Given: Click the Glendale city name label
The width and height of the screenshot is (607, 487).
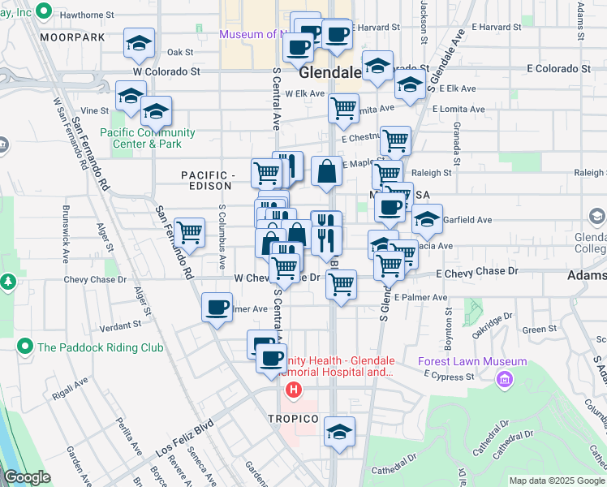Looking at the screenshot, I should pos(329,73).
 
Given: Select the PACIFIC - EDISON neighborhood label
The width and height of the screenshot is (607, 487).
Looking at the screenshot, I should pos(208,181).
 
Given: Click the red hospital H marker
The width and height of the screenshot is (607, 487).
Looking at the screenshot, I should pos(293,390).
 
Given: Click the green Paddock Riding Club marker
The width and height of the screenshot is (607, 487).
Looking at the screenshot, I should pos(25,347).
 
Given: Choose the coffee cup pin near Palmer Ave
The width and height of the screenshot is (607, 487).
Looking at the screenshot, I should pos(217,308).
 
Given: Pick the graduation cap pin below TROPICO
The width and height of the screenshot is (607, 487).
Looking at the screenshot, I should pos(339,433).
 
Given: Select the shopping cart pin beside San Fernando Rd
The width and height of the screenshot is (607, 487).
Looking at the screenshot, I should pos(189,233).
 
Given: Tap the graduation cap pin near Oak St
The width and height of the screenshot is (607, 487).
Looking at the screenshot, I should pos(139,44).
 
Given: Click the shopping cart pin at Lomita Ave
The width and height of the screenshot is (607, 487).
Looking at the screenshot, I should pos(344,108).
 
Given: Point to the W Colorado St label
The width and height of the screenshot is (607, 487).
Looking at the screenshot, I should pos(166,71).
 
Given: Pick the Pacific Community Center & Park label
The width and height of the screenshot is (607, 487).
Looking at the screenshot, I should pos(148,138).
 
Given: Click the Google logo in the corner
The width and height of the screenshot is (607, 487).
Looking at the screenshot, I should pos(28,477).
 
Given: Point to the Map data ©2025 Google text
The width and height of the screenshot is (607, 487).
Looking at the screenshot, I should pos(557,480).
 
